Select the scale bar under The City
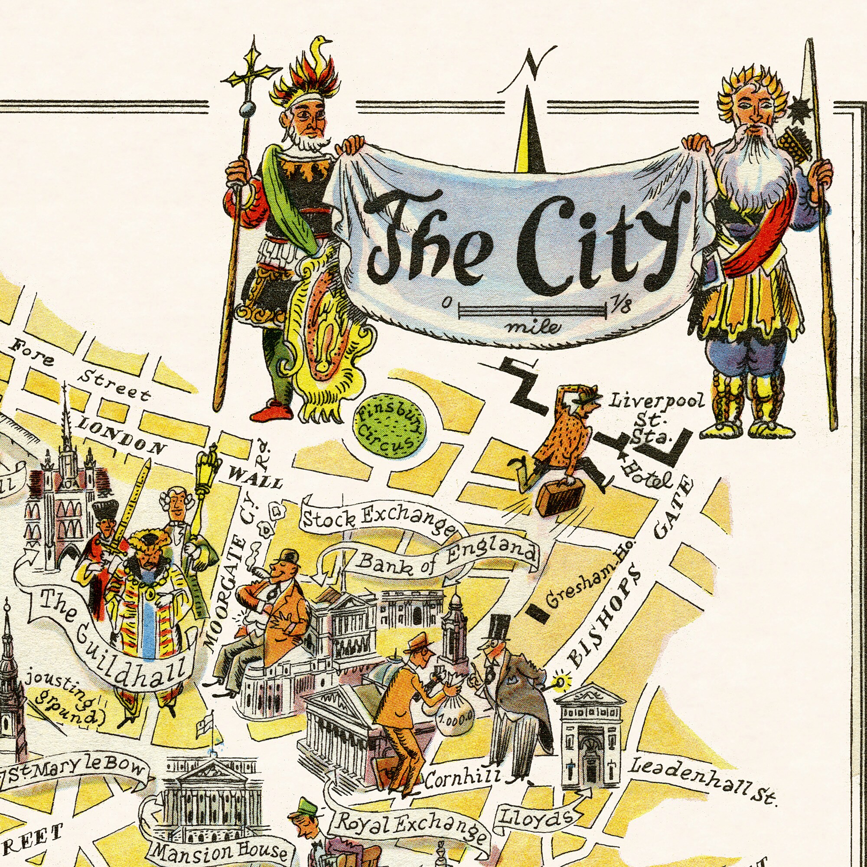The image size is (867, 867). (532, 310)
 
